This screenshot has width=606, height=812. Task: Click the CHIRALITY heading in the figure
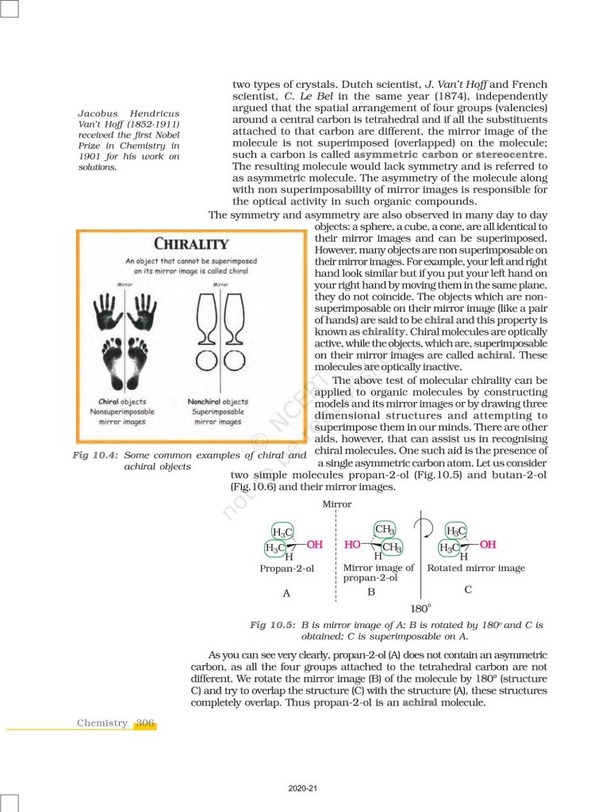click(190, 244)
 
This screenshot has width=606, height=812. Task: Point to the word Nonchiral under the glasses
click(204, 402)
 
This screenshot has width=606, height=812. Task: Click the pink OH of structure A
click(314, 545)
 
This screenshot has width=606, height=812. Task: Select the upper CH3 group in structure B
click(384, 530)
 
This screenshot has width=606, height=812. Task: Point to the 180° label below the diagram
click(420, 609)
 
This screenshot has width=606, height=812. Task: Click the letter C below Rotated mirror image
click(468, 590)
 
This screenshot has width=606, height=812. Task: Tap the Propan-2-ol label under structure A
click(286, 569)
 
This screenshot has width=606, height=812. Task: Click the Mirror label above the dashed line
click(337, 504)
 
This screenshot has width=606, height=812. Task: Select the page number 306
click(145, 722)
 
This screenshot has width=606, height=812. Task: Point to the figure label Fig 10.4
click(94, 455)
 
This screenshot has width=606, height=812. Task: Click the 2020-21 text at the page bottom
click(303, 787)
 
